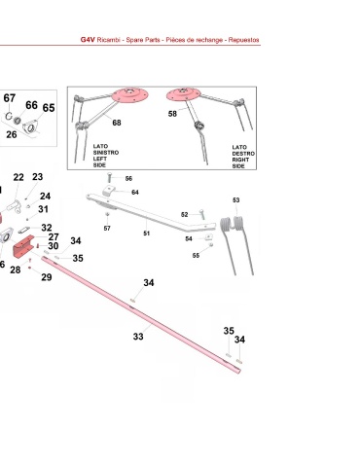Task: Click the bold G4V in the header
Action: [x=88, y=40]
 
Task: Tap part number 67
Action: [x=10, y=98]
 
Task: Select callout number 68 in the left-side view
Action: [x=117, y=123]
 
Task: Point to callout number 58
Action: [x=172, y=114]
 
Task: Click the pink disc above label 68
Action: [x=129, y=95]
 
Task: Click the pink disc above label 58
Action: [x=183, y=94]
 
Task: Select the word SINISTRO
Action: [x=106, y=153]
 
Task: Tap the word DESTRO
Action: [x=243, y=154]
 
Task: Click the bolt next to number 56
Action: [x=110, y=178]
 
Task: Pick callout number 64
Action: [x=135, y=193]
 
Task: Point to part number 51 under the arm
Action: [x=147, y=233]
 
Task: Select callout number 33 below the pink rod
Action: [x=138, y=337]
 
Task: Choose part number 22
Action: [x=18, y=177]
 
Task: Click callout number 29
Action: [x=47, y=277]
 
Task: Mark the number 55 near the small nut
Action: [x=196, y=256]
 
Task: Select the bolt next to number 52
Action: [x=202, y=214]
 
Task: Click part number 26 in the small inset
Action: [x=12, y=134]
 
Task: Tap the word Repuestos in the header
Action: [x=243, y=40]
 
